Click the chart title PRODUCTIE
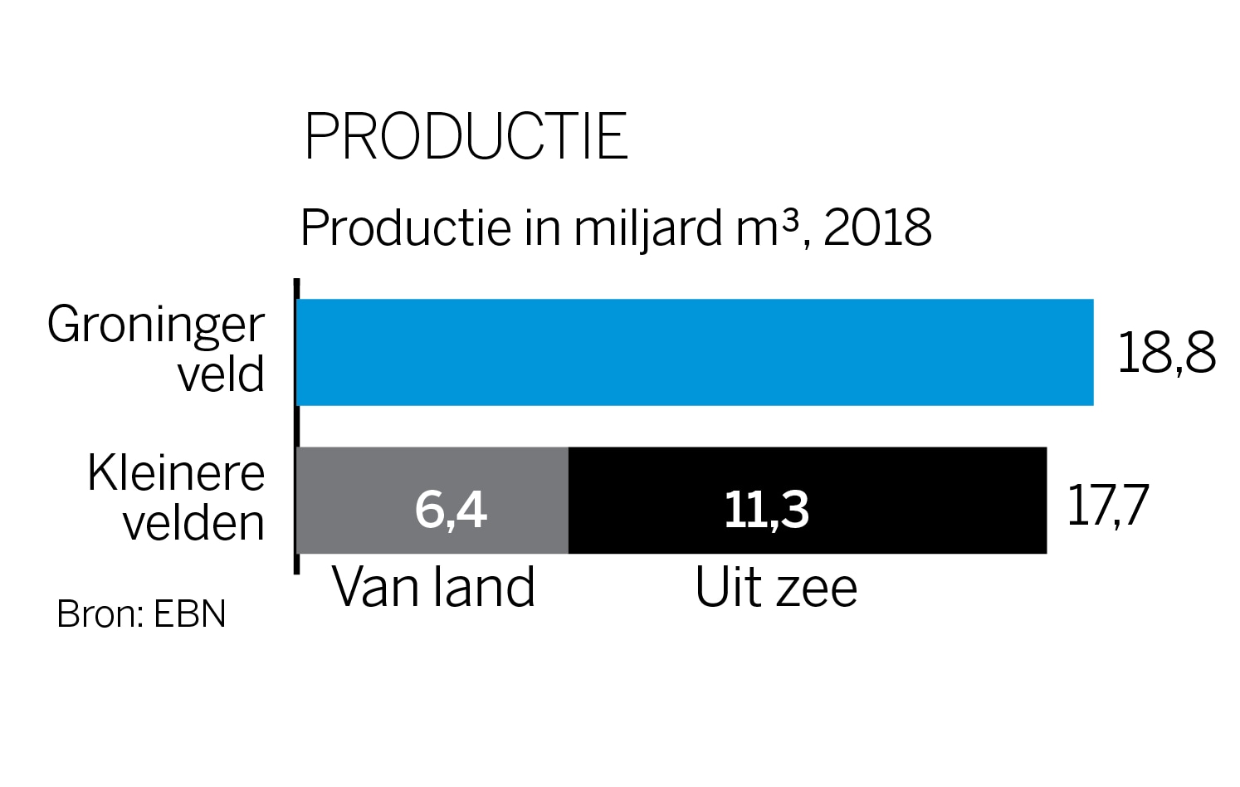pos(466,137)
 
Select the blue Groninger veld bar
pos(694,352)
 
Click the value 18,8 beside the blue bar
pos(1166,353)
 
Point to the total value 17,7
pos(1107,504)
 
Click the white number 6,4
pos(450,509)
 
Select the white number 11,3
pos(766,509)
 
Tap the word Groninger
pos(156,325)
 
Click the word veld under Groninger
pos(221,374)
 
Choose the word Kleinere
pos(176,473)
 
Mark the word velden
pos(194,523)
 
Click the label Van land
pos(433,588)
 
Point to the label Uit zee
pos(775,588)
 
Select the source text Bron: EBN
pos(141,614)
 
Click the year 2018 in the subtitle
pos(877,227)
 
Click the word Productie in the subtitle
pos(405,227)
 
